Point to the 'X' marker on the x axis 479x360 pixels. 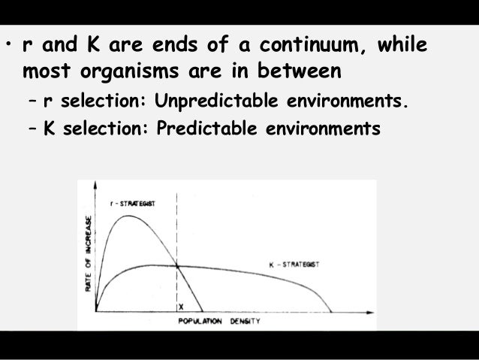[181, 307]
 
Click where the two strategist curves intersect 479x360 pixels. [177, 265]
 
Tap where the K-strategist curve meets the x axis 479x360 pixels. [331, 310]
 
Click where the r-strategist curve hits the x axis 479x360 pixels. [203, 310]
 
